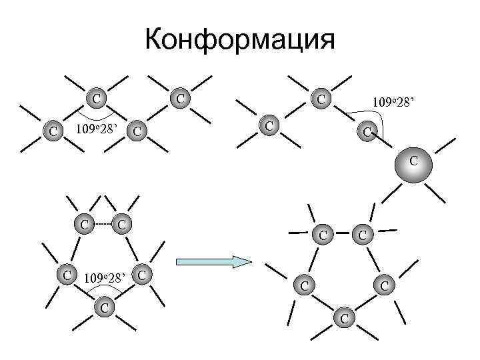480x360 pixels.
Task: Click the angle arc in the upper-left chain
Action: tap(97, 116)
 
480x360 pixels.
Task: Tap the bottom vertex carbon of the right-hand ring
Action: tap(343, 318)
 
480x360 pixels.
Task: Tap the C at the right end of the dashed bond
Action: tap(122, 223)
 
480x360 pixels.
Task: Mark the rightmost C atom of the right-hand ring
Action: tap(384, 285)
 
